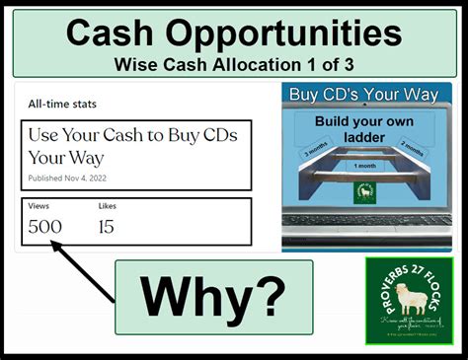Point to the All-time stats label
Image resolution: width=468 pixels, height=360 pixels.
tap(61, 104)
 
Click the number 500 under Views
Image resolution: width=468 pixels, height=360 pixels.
tap(44, 227)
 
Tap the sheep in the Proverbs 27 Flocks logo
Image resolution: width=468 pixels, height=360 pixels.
tap(408, 297)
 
